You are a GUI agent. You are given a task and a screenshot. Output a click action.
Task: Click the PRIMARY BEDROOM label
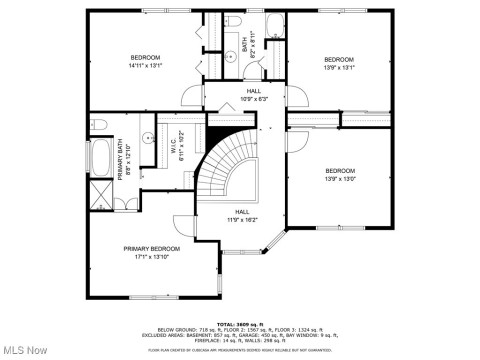(152, 248)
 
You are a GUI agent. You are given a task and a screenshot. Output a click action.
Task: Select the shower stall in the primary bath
(101, 195)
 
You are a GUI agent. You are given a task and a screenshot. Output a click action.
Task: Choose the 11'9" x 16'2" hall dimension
(242, 219)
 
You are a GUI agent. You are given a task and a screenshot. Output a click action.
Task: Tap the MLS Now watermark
(24, 349)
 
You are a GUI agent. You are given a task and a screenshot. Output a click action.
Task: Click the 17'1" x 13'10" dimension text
(152, 256)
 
